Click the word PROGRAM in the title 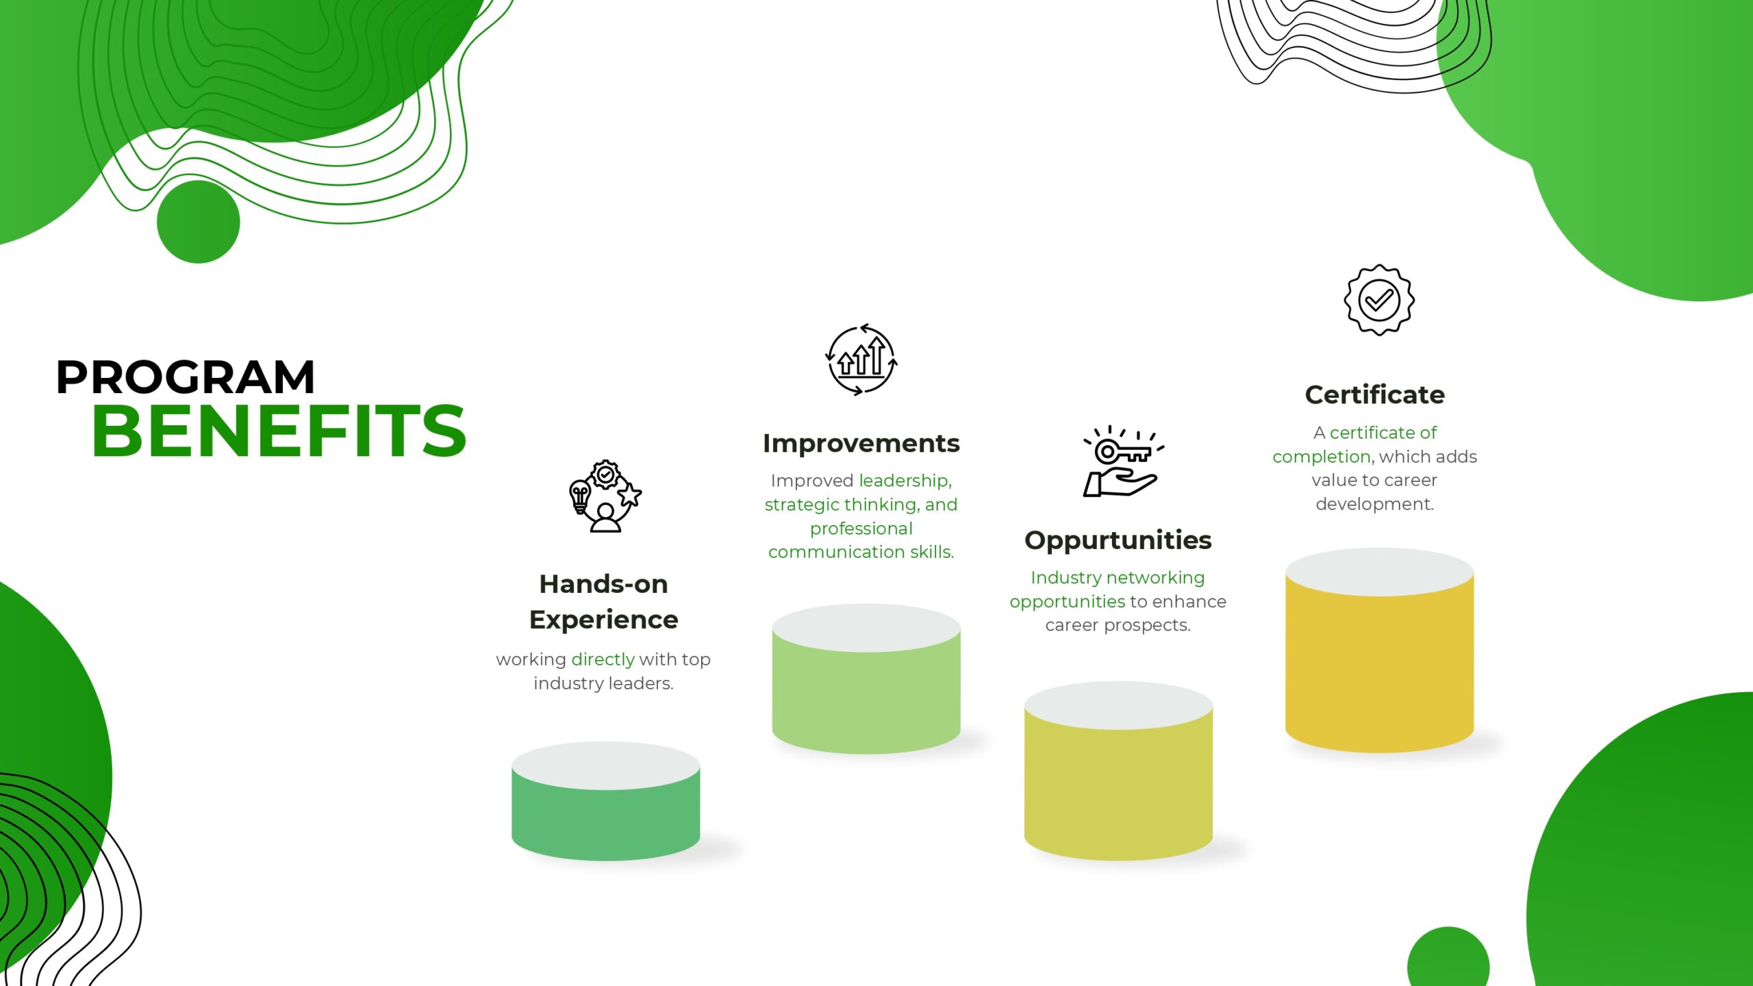coord(186,377)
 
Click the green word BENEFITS coord(279,431)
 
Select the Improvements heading coord(861,444)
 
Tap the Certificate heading coord(1375,395)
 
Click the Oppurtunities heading coord(1118,541)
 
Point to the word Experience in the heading coord(604,620)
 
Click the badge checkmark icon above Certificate coord(1379,300)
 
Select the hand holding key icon coord(1123,462)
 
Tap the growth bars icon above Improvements coord(861,359)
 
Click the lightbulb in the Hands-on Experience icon coord(580,496)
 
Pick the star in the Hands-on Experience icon coord(630,494)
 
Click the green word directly coord(603,659)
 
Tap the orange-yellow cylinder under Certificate coord(1380,650)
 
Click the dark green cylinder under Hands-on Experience coord(606,801)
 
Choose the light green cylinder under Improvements coord(866,679)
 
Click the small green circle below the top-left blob coord(199,222)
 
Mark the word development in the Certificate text coord(1374,505)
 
